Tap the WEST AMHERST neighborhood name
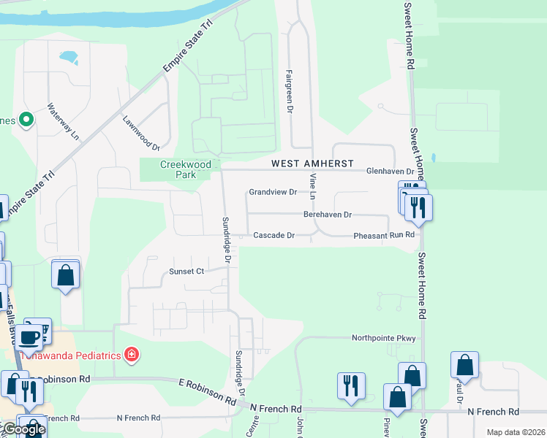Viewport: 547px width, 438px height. point(312,164)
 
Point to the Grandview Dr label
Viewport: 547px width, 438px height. point(273,192)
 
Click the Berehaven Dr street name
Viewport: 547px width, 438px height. point(328,215)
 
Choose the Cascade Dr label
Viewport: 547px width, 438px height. point(273,236)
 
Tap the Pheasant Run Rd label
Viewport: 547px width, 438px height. point(384,236)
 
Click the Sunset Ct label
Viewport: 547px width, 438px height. point(186,271)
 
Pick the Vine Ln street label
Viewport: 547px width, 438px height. point(312,186)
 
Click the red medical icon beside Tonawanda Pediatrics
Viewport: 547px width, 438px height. point(132,356)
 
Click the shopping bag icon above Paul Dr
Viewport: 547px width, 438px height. point(464,364)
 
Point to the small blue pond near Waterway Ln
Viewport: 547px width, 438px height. point(69,56)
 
